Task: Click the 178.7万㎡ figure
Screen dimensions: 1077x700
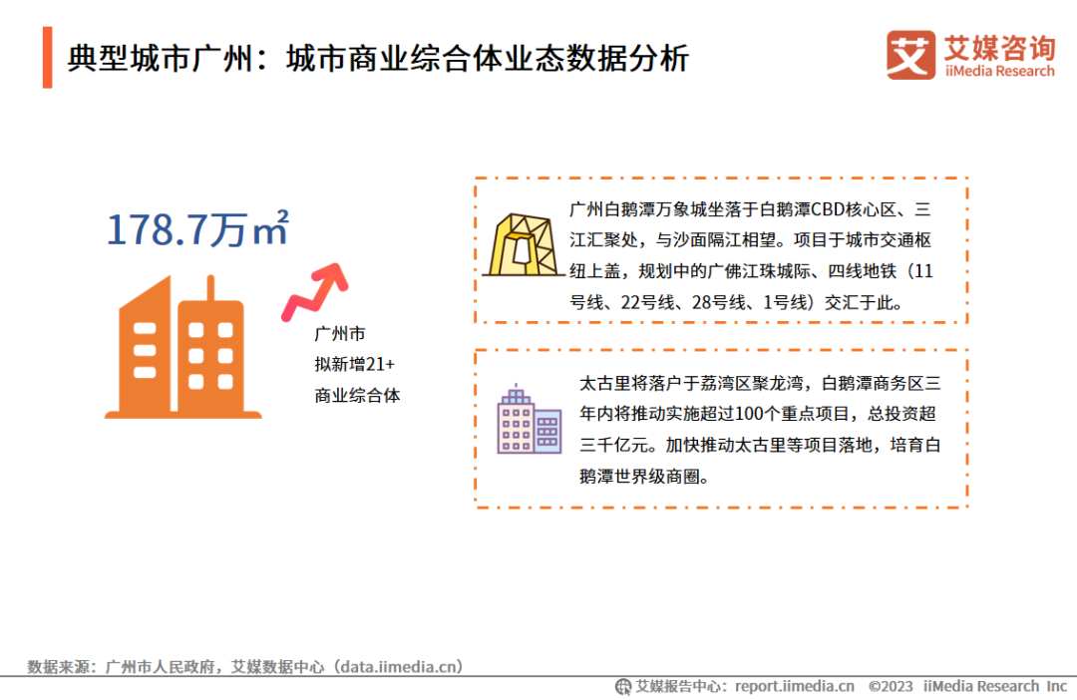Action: [x=197, y=228]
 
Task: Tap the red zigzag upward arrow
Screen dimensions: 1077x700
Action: [x=315, y=292]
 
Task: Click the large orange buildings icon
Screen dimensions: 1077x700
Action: [x=182, y=347]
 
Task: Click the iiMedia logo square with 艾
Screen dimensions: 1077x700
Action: [x=910, y=55]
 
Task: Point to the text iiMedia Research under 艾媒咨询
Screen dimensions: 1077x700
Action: [x=999, y=72]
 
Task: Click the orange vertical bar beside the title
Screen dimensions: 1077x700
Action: [x=48, y=58]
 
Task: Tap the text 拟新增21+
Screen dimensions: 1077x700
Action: [x=354, y=364]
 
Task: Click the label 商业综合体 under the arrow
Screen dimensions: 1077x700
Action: [x=357, y=396]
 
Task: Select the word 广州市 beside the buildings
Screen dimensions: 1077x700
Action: [x=340, y=334]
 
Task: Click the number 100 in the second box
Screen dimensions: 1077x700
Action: [x=748, y=414]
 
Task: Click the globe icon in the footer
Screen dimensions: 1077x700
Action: [x=623, y=686]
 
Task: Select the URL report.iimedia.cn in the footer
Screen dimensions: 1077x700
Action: [x=795, y=686]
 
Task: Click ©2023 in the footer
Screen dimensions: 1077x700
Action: [x=891, y=686]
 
